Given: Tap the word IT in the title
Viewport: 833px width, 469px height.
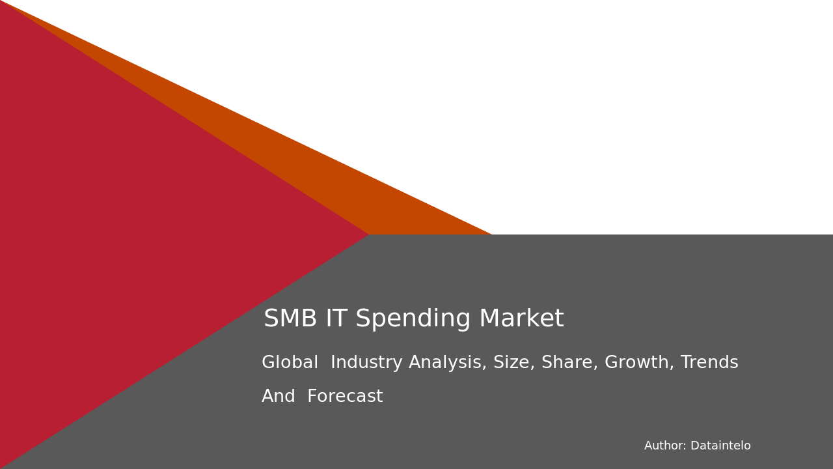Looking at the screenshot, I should [x=336, y=319].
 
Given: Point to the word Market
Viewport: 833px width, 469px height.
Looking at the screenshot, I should [x=521, y=319].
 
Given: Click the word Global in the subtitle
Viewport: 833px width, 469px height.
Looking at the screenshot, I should [x=290, y=363].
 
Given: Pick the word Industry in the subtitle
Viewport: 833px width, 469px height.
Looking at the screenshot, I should [x=366, y=363].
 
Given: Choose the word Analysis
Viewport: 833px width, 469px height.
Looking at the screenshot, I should [x=448, y=363].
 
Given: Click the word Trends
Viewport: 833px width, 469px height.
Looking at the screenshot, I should [x=709, y=363].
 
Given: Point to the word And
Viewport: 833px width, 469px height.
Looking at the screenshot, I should [x=279, y=397].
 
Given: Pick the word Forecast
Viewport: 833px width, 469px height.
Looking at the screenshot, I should [x=345, y=397].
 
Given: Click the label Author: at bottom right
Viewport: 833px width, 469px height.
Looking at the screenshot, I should [x=665, y=446].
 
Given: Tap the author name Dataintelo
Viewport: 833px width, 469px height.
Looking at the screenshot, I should [x=720, y=446].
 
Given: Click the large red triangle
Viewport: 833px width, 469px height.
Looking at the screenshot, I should [x=130, y=234].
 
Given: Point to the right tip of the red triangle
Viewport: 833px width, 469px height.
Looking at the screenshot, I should [x=367, y=234].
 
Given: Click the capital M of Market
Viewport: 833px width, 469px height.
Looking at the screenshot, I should [x=489, y=319].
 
